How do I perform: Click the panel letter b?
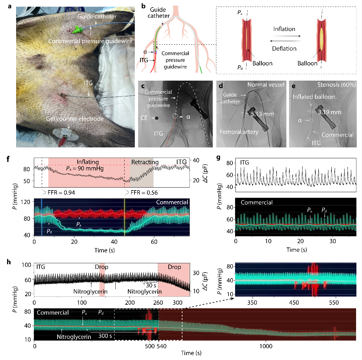[143, 6]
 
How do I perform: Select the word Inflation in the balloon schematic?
[284, 29]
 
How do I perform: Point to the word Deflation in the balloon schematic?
[284, 49]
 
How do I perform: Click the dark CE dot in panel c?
[157, 118]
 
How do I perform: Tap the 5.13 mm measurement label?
[262, 114]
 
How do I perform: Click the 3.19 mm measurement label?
[329, 112]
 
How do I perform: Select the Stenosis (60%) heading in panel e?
[336, 85]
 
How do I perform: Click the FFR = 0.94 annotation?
[61, 193]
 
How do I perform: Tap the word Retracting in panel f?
[145, 162]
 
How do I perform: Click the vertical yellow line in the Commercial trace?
[125, 217]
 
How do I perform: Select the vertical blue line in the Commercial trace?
[42, 217]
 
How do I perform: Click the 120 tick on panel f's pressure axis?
[26, 202]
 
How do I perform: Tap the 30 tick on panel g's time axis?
[333, 241]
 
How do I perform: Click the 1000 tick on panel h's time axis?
[266, 346]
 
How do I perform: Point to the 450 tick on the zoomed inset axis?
[294, 302]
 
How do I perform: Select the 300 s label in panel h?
[105, 336]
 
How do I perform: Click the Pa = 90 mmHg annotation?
[85, 168]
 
